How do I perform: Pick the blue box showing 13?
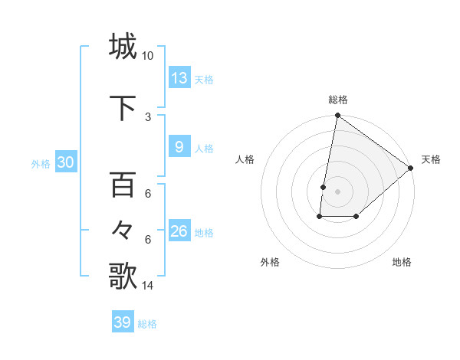(179, 77)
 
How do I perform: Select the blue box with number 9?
(179, 146)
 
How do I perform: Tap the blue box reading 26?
(179, 231)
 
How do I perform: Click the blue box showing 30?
(65, 162)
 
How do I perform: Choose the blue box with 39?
(123, 322)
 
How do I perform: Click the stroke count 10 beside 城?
(147, 56)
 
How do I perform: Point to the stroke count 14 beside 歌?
(147, 286)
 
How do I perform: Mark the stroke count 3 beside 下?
(148, 116)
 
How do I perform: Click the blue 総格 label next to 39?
(147, 324)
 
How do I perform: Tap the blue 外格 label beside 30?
(41, 164)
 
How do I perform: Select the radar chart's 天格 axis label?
(431, 159)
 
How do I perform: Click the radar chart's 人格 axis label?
(245, 159)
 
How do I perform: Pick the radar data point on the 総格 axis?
(337, 116)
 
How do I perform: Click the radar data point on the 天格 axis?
(411, 168)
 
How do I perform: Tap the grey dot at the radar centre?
(337, 191)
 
